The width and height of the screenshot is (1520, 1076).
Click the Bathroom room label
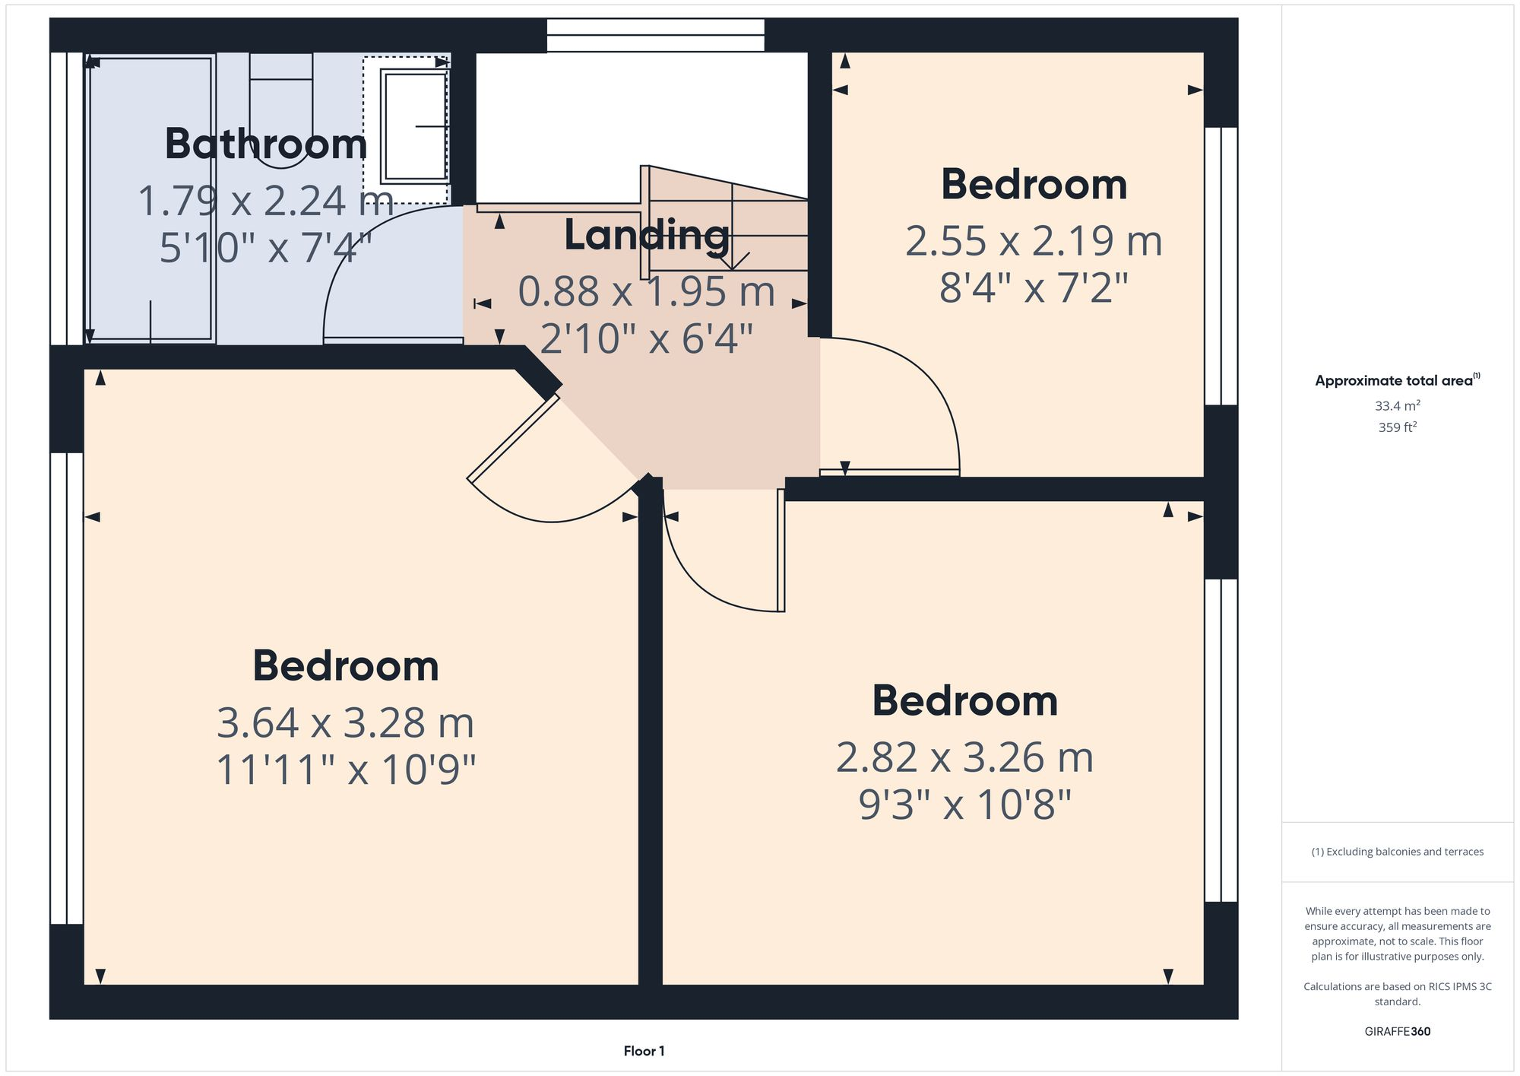[266, 144]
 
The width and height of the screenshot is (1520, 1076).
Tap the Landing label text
[647, 235]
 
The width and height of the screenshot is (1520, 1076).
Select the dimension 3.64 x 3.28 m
[346, 722]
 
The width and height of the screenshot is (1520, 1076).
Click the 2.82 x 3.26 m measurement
[964, 757]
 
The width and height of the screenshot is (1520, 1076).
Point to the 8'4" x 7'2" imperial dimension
[1034, 288]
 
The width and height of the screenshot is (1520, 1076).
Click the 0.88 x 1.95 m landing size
[647, 291]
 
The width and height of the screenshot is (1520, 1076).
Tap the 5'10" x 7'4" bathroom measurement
[266, 248]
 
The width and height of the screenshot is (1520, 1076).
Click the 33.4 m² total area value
[1397, 406]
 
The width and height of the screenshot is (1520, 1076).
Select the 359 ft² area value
[1397, 427]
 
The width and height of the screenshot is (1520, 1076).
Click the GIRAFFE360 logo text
[1397, 1031]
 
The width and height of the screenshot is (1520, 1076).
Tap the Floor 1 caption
[644, 1051]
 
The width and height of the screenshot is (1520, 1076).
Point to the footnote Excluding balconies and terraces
[1397, 852]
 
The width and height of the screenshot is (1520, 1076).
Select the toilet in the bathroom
[280, 106]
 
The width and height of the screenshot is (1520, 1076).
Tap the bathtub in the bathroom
[151, 198]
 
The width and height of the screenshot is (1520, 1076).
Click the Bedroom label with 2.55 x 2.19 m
[1034, 185]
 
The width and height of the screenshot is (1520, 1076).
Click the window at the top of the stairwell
[655, 35]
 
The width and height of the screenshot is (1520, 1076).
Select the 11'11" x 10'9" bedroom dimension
[346, 770]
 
